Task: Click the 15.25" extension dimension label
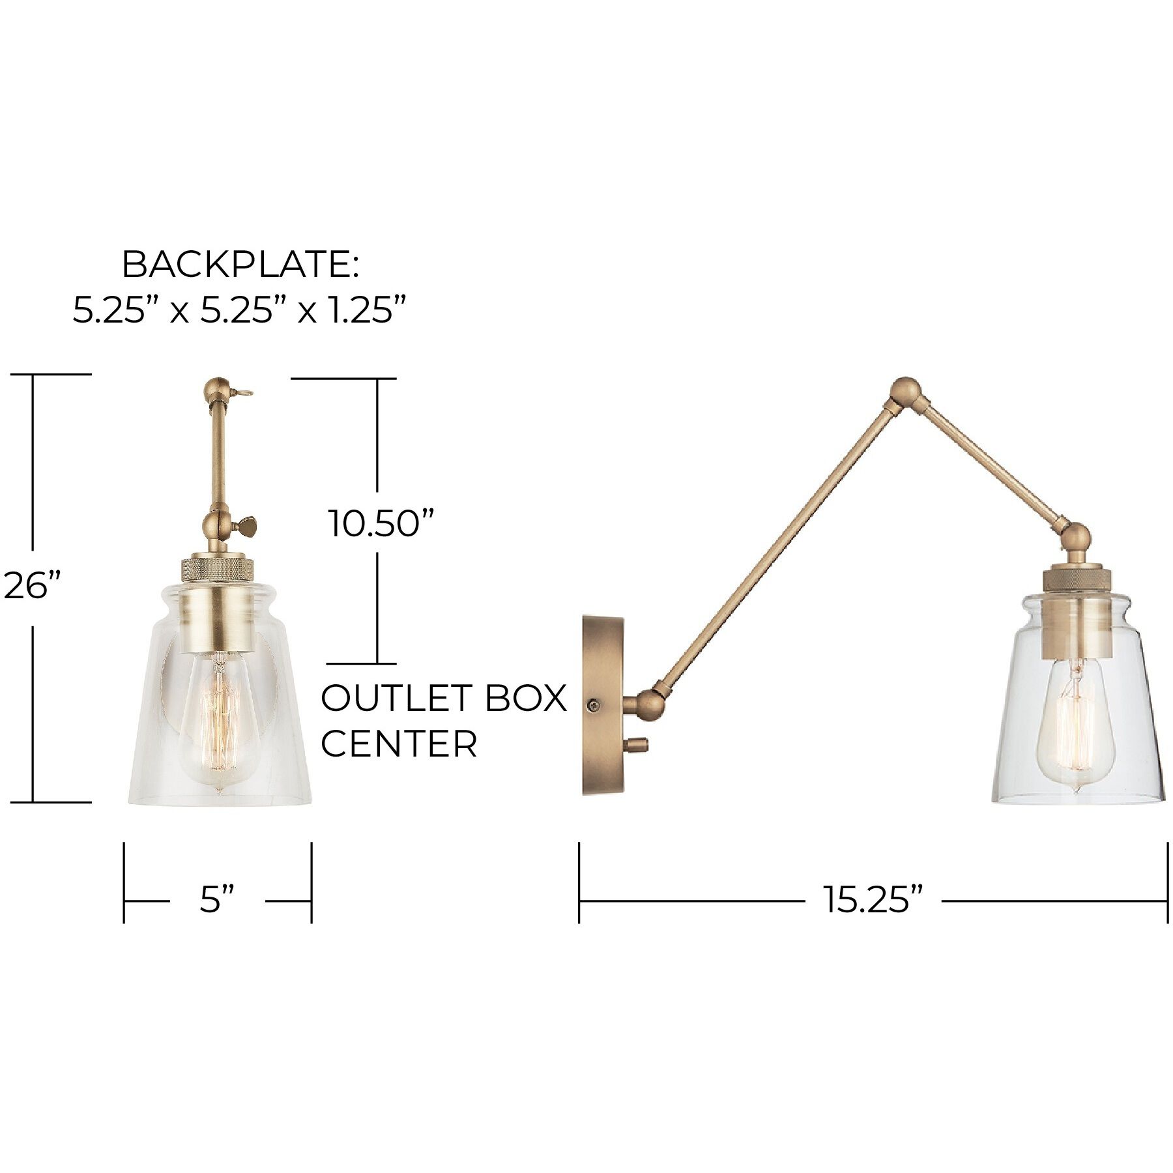[x=873, y=901]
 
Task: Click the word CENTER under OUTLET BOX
[x=399, y=744]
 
